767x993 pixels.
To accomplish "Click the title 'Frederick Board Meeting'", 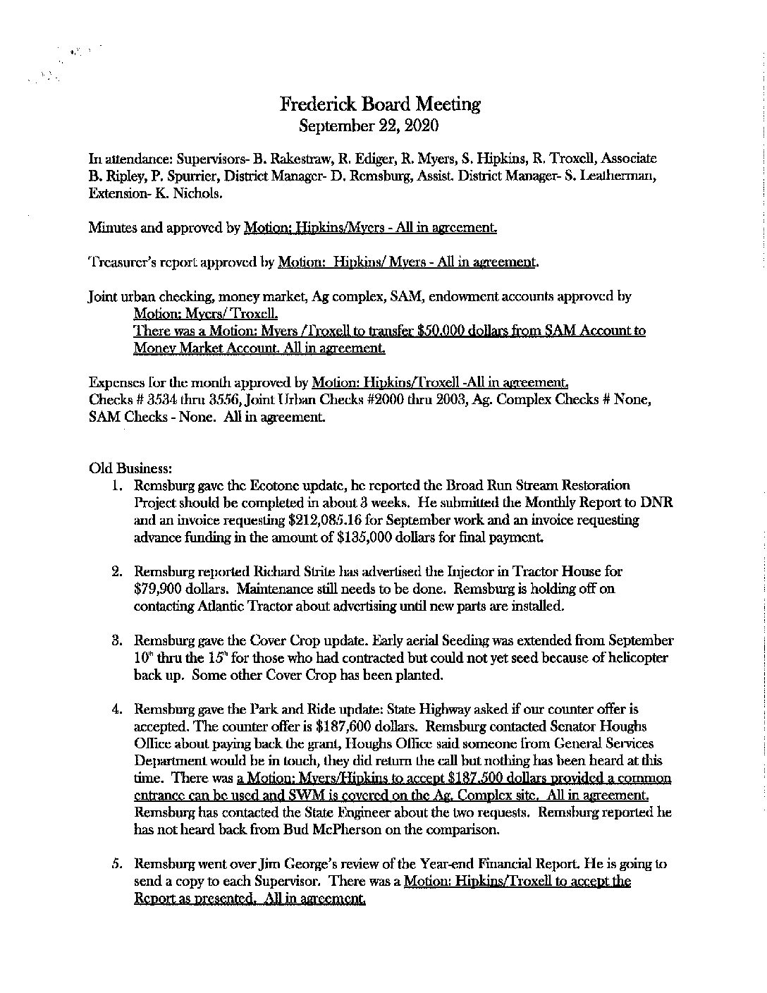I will (380, 104).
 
